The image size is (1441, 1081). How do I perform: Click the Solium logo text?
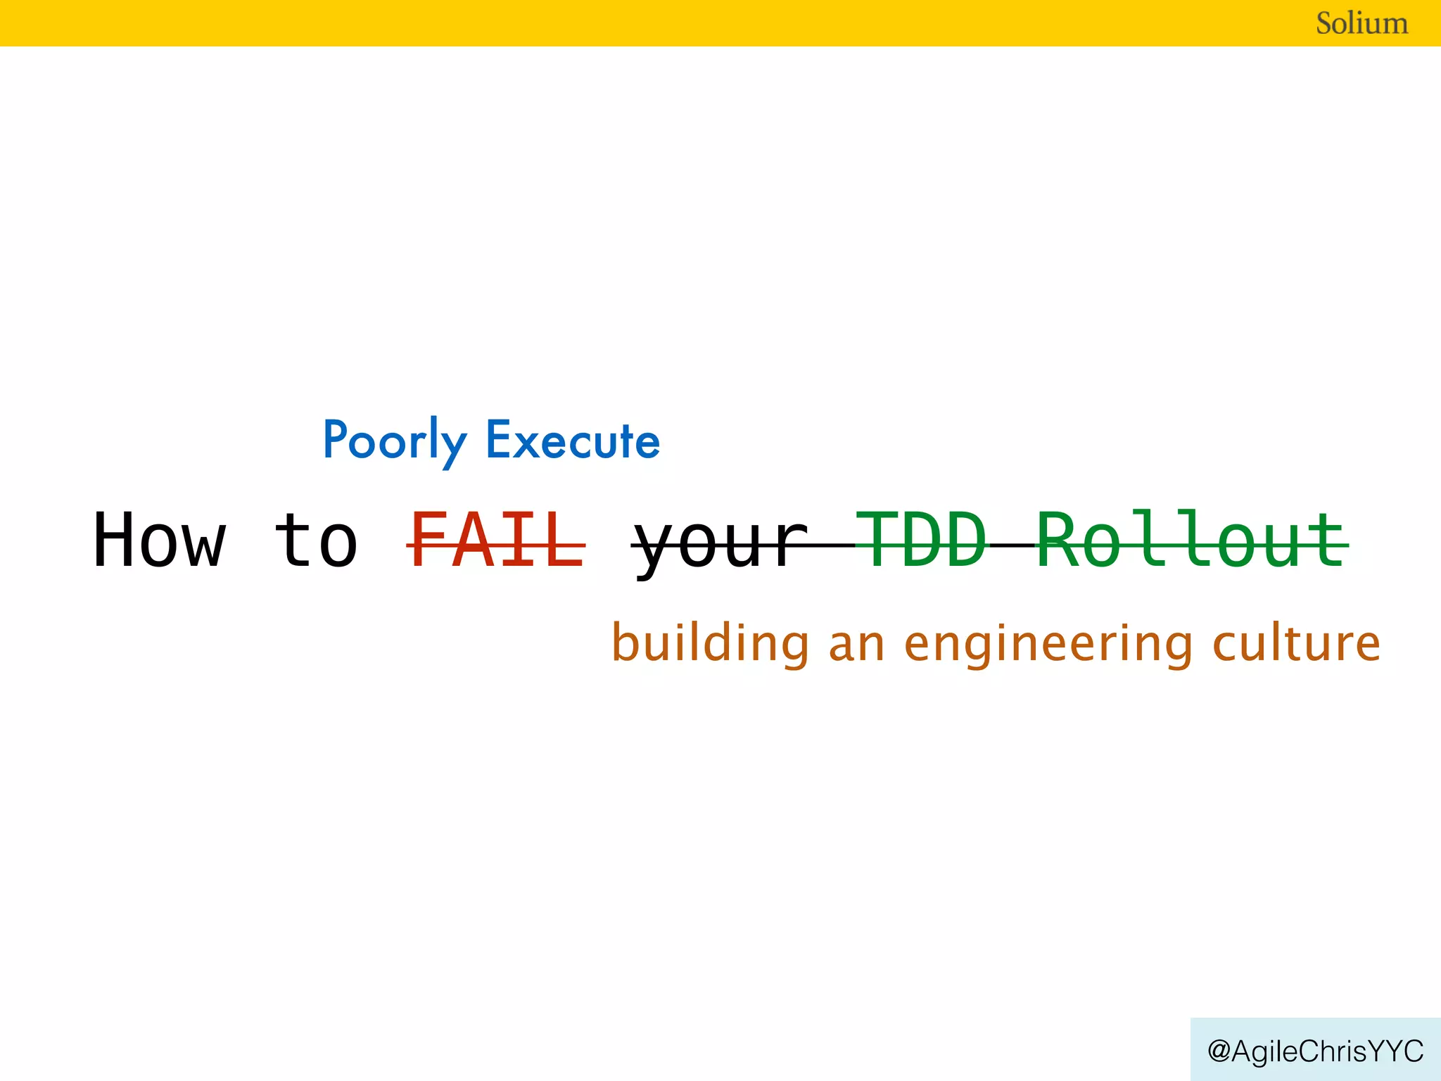1361,23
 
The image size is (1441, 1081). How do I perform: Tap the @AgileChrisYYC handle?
1315,1051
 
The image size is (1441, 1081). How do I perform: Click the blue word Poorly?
394,441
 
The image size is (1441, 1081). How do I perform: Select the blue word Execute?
573,441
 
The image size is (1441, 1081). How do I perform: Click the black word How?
160,540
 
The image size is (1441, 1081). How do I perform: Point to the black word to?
316,540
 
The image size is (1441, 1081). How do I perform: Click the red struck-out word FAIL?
497,540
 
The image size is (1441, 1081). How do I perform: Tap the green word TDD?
922,540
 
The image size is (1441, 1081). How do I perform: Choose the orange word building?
711,643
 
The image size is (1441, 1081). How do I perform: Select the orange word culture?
1296,643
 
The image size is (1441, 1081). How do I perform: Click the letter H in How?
115,540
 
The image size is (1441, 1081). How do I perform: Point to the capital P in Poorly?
336,439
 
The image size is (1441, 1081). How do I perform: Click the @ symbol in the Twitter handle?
1219,1051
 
